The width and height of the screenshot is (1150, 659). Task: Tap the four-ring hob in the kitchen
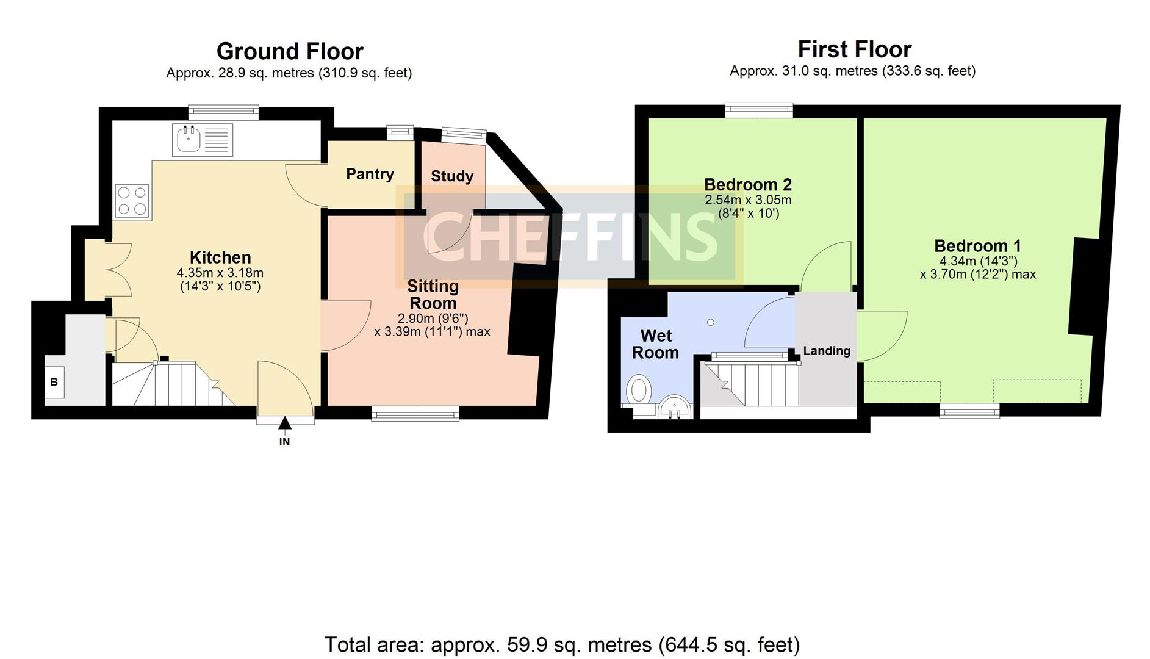132,201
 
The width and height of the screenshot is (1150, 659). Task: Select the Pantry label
370,174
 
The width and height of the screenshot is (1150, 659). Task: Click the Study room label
452,176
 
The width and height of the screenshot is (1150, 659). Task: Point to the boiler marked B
54,382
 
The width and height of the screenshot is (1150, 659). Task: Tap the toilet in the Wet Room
638,389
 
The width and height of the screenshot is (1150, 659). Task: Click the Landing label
827,351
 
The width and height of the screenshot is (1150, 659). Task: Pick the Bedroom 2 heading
748,184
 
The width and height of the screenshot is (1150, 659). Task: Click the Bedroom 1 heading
977,246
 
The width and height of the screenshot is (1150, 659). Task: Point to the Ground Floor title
290,51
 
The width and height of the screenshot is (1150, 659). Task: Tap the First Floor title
855,49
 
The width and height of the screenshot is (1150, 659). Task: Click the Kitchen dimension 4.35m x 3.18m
220,273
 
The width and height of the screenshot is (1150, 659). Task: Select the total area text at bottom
562,644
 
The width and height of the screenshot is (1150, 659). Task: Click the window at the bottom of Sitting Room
415,414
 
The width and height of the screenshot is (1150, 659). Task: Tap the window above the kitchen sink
224,112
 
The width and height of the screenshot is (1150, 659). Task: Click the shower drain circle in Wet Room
710,322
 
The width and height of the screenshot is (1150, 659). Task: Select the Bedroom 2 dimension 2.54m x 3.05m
748,200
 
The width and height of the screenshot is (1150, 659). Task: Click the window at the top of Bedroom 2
759,110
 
